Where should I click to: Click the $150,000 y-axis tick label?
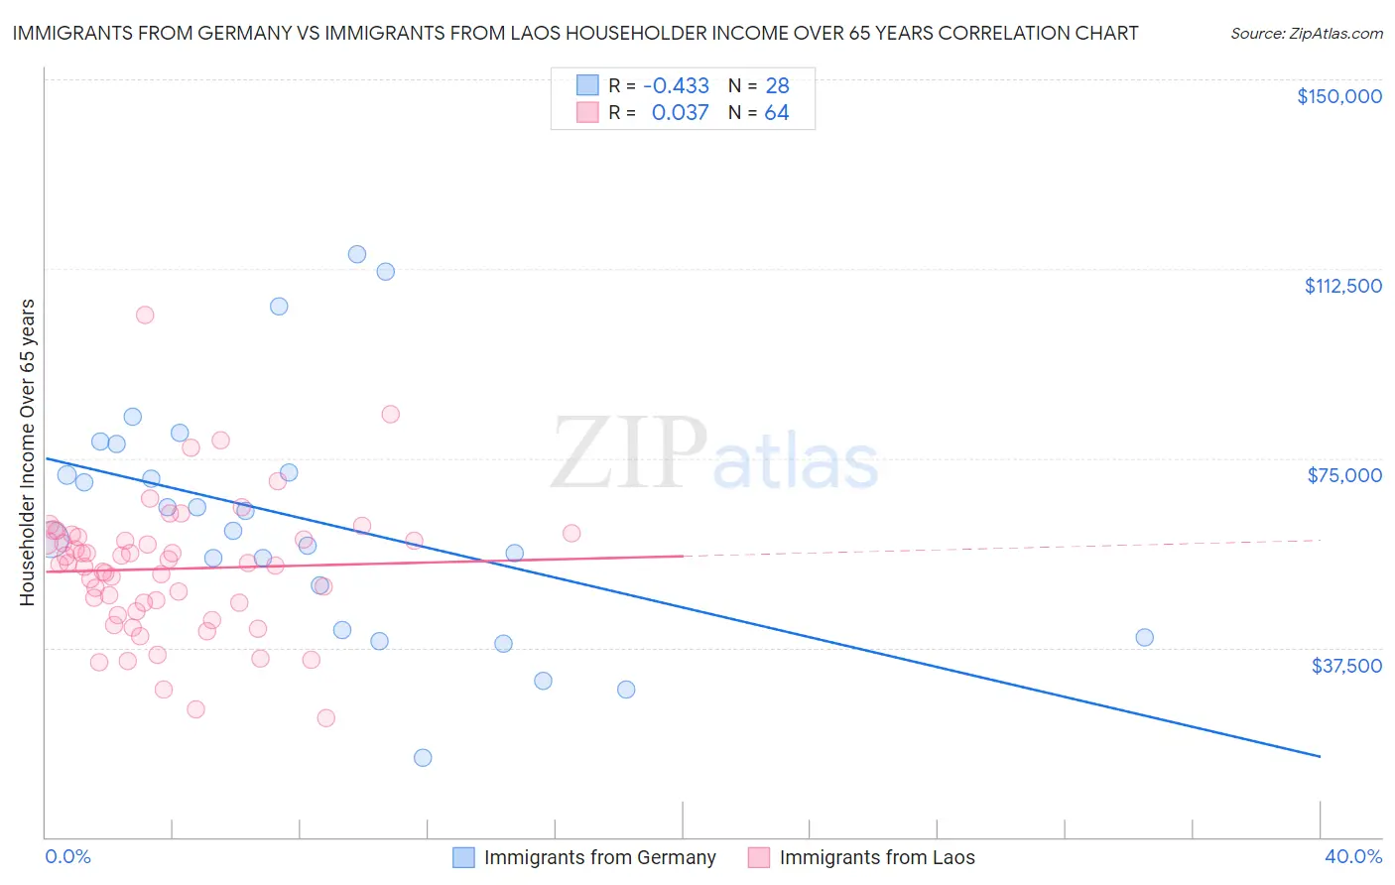pos(1338,96)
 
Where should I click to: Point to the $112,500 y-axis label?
pos(1342,286)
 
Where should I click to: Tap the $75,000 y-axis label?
pos(1344,475)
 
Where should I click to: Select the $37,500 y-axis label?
pos(1346,666)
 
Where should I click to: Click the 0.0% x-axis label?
pos(67,856)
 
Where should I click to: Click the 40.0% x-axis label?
pos(1353,856)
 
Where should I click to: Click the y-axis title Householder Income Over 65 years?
pos(28,451)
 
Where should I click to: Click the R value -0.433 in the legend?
pos(676,85)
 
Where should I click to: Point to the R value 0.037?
pos(680,112)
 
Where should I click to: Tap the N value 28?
pos(777,85)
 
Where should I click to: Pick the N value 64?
pos(776,112)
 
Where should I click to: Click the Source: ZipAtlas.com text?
pos(1306,33)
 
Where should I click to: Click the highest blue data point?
pos(357,254)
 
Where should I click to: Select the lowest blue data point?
pos(423,758)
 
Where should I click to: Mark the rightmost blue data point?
pos(1144,638)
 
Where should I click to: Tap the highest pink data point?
pos(145,315)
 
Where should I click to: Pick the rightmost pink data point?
pos(571,533)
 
